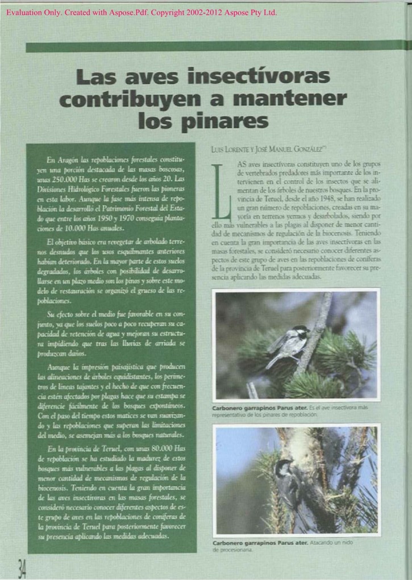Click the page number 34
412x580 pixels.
coord(22,568)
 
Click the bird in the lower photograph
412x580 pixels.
coord(287,482)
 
